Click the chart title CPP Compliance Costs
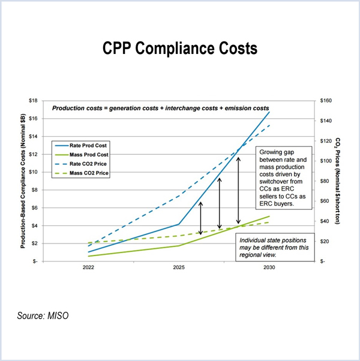pos(180,49)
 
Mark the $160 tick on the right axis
pos(328,101)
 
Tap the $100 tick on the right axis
pos(328,161)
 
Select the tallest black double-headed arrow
pos(239,190)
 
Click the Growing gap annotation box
pos(283,178)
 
